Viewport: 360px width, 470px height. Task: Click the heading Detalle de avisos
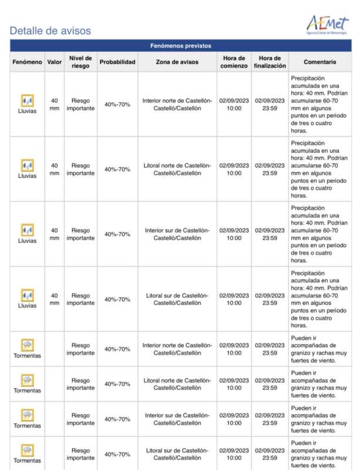pyautogui.click(x=51, y=31)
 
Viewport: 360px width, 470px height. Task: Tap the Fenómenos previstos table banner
pyautogui.click(x=180, y=46)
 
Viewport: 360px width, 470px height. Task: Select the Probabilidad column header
pyautogui.click(x=117, y=62)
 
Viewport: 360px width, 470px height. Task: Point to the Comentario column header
pyautogui.click(x=320, y=62)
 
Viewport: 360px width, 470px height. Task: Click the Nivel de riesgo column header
pyautogui.click(x=80, y=62)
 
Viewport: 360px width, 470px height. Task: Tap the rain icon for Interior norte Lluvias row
pyautogui.click(x=27, y=100)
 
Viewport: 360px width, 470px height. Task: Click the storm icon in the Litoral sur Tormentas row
pyautogui.click(x=27, y=451)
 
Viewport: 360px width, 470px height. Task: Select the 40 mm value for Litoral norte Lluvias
pyautogui.click(x=55, y=169)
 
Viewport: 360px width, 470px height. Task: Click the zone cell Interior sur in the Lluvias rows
pyautogui.click(x=177, y=234)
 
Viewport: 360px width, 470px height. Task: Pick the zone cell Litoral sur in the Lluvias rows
pyautogui.click(x=177, y=299)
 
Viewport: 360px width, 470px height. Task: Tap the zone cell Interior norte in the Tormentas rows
pyautogui.click(x=177, y=349)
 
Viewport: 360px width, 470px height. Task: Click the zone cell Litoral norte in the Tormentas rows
pyautogui.click(x=177, y=384)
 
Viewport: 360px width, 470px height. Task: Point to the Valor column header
pyautogui.click(x=55, y=62)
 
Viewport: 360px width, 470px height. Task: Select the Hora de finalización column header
pyautogui.click(x=270, y=62)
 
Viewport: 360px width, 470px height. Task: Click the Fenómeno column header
pyautogui.click(x=27, y=62)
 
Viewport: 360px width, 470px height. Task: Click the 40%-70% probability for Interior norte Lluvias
pyautogui.click(x=117, y=104)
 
